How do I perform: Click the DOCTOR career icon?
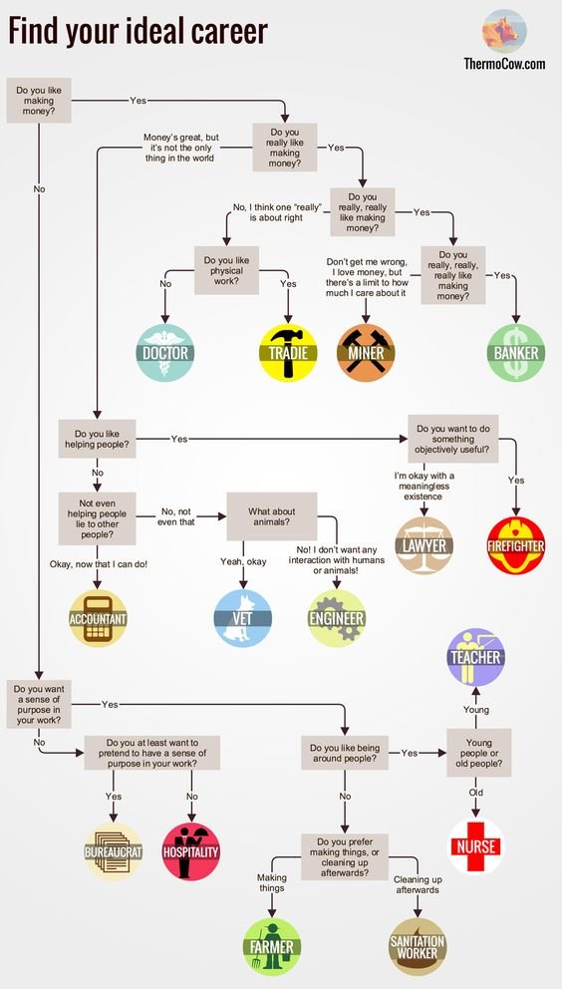point(164,352)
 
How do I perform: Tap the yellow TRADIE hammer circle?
point(288,352)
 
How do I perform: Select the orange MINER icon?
point(366,352)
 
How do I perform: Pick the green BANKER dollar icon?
point(516,352)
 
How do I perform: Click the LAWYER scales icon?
point(423,544)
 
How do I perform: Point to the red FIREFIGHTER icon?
point(516,544)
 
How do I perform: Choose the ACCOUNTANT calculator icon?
point(98,618)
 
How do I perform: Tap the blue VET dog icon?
point(244,618)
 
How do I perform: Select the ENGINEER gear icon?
point(337,618)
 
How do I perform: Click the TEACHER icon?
point(474,656)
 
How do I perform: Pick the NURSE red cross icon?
point(474,847)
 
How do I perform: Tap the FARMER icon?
point(271,946)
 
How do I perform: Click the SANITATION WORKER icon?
point(417,946)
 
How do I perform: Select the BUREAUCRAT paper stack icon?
point(113,852)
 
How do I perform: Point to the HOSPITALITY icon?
point(190,852)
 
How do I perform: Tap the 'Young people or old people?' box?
point(478,754)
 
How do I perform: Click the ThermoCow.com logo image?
point(504,31)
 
